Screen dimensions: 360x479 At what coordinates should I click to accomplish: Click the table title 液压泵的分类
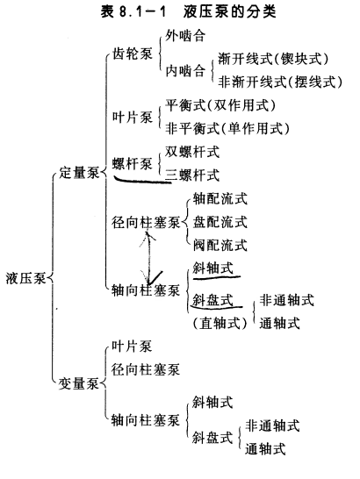[230, 12]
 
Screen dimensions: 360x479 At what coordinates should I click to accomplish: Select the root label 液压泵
[25, 278]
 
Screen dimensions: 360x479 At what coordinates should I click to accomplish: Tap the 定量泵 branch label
[79, 173]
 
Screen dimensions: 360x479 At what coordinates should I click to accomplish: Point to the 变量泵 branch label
[79, 383]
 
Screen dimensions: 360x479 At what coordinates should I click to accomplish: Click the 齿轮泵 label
[132, 54]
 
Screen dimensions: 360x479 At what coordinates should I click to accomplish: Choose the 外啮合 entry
[185, 36]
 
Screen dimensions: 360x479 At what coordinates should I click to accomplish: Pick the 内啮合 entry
[185, 71]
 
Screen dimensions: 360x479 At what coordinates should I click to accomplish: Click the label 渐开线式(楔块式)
[273, 59]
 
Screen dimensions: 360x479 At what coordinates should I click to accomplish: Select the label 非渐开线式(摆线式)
[280, 82]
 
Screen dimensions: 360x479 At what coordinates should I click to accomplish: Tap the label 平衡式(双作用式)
[220, 105]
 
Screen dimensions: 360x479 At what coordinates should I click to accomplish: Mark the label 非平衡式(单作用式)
[227, 128]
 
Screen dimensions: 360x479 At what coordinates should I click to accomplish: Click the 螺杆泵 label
[132, 164]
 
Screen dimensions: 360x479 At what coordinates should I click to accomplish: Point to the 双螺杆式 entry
[192, 152]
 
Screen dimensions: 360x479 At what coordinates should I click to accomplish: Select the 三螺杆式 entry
[192, 175]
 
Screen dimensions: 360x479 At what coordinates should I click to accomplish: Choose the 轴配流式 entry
[220, 199]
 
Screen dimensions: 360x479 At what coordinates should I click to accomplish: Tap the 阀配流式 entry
[220, 245]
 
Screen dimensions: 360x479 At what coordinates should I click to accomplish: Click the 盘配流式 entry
[220, 222]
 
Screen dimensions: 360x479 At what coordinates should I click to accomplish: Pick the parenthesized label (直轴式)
[220, 323]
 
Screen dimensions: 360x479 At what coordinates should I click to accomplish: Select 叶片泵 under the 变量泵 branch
[132, 347]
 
